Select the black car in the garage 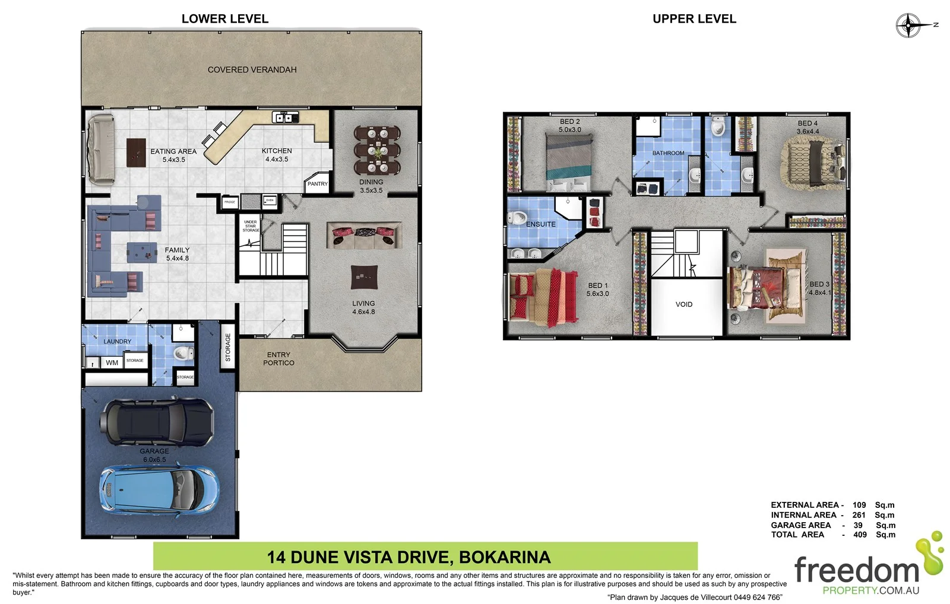click(x=157, y=422)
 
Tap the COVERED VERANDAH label click(x=252, y=70)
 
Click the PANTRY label click(x=317, y=184)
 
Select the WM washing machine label click(x=112, y=363)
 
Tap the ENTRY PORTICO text click(x=278, y=359)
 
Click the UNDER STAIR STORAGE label click(x=251, y=226)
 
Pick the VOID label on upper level click(x=683, y=304)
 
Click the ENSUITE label click(x=540, y=224)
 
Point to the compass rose click(x=908, y=26)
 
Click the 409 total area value click(x=860, y=535)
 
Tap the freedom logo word click(x=856, y=571)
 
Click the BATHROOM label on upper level click(x=668, y=153)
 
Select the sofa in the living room click(x=363, y=236)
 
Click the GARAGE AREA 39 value click(x=858, y=525)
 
